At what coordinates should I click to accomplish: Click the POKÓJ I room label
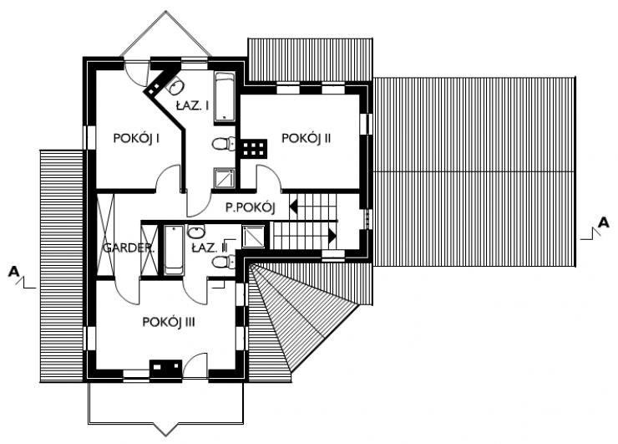(x=136, y=139)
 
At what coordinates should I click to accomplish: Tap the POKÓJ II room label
(x=306, y=139)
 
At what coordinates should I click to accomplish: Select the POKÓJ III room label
(x=169, y=322)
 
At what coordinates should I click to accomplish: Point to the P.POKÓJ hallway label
(x=251, y=207)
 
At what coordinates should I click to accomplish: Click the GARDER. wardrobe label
(x=129, y=248)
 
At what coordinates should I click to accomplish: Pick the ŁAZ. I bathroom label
(x=192, y=105)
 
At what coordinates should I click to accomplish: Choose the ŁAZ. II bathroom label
(x=210, y=248)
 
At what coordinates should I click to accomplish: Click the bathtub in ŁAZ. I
(x=225, y=97)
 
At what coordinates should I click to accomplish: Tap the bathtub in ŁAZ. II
(x=174, y=250)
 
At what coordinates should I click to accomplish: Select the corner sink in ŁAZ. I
(x=175, y=86)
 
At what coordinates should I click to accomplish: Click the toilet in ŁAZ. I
(x=224, y=143)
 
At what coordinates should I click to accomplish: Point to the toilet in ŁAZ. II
(x=224, y=261)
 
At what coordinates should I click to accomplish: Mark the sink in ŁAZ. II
(x=196, y=232)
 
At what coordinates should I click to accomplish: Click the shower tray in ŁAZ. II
(x=253, y=236)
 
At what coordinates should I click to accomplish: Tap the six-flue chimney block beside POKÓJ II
(x=253, y=149)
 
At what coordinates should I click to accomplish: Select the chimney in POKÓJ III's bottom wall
(x=165, y=368)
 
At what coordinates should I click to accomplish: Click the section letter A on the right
(x=604, y=222)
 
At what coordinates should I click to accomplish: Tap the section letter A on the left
(x=14, y=272)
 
